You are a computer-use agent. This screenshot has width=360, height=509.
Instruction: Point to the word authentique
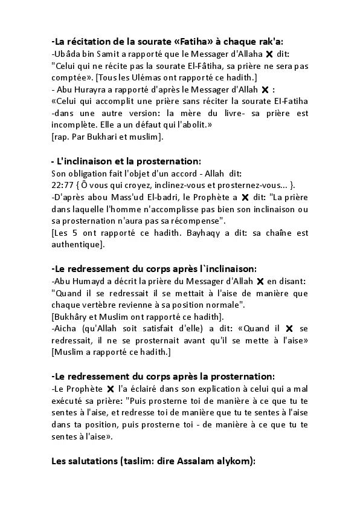click(x=77, y=244)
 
